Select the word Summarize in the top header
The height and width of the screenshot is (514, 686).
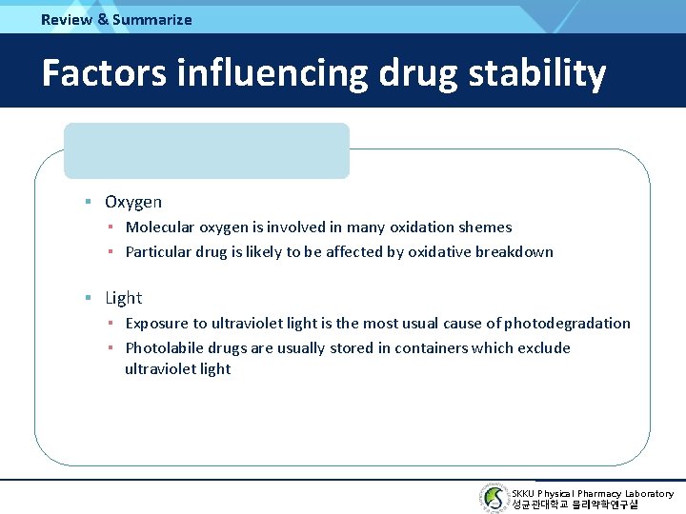point(151,19)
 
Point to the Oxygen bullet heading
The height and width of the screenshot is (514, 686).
point(133,202)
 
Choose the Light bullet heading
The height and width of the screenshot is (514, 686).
point(123,298)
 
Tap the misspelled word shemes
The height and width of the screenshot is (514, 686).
point(485,227)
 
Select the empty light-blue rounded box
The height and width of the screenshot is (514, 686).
point(207,150)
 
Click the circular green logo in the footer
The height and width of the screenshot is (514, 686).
point(494,498)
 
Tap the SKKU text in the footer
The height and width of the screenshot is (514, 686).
point(523,493)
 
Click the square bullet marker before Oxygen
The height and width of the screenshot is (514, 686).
point(87,202)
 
